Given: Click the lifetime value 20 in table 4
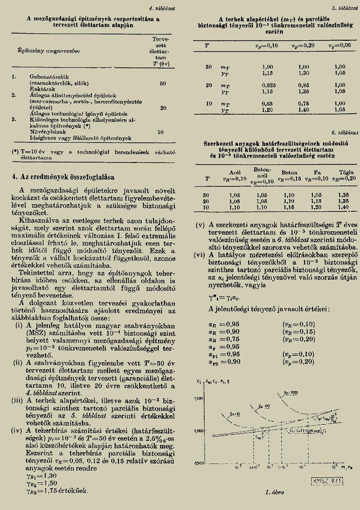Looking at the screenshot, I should (163, 108).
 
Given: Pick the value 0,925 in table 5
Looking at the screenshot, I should (268, 84).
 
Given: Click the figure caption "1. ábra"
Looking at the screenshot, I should (274, 492).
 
